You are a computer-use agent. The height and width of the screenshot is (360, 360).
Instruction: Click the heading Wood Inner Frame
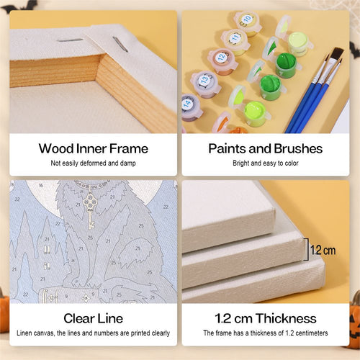94,148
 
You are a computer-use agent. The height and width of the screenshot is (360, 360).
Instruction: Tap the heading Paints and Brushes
266,148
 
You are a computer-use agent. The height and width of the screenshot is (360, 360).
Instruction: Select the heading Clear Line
94,318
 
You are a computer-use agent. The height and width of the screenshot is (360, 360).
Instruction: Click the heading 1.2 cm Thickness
266,318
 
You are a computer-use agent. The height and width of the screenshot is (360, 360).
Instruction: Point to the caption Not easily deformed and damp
93,163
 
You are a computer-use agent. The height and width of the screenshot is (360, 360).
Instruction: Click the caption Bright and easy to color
266,163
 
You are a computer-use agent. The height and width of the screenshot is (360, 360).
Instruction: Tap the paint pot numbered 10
247,23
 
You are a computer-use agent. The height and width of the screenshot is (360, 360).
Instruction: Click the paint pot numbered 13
206,84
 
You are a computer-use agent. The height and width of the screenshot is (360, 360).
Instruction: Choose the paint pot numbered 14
190,107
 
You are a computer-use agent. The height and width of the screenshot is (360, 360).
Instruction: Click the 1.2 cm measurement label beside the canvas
323,251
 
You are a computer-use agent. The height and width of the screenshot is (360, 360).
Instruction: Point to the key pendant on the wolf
90,209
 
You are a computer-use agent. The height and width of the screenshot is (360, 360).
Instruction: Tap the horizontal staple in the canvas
70,40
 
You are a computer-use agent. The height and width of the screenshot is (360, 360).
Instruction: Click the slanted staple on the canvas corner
120,44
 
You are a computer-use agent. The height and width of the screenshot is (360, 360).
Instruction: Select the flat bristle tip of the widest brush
336,53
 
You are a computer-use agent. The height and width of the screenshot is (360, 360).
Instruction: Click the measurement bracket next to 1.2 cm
306,249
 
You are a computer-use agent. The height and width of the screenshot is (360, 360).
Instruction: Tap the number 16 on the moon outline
41,185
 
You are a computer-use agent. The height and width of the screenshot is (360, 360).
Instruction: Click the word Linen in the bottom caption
24,333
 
